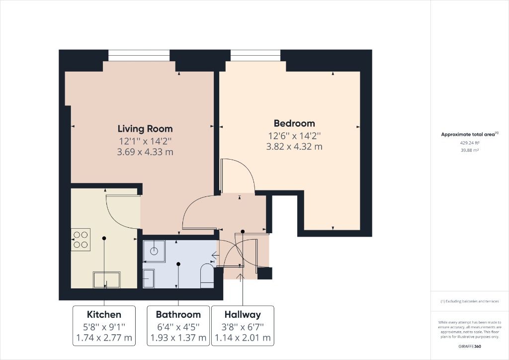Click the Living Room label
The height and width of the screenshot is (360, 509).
145,128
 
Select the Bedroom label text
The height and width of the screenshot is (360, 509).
294,123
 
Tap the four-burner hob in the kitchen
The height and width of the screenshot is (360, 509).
81,239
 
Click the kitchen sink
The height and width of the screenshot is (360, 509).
106,279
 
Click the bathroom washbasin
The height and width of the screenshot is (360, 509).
149,278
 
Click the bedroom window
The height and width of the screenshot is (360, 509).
255,55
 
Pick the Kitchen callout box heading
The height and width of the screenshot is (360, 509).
104,314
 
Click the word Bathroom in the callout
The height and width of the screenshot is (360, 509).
178,314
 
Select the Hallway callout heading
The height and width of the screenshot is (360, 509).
242,314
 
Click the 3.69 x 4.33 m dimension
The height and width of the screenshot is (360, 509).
145,152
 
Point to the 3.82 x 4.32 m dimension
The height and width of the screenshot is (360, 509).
294,147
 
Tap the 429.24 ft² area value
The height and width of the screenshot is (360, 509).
469,143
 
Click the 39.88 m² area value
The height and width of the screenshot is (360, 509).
469,150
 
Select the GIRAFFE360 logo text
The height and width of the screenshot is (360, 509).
470,346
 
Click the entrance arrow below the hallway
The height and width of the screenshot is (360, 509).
242,276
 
